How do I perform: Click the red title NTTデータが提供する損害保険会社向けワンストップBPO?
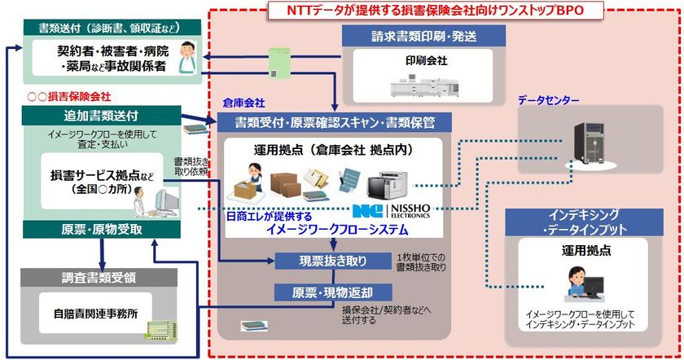(436, 10)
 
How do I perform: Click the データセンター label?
(548, 100)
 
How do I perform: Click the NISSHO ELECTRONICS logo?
(400, 212)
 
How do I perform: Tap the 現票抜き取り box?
(333, 261)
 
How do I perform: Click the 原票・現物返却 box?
(333, 292)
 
